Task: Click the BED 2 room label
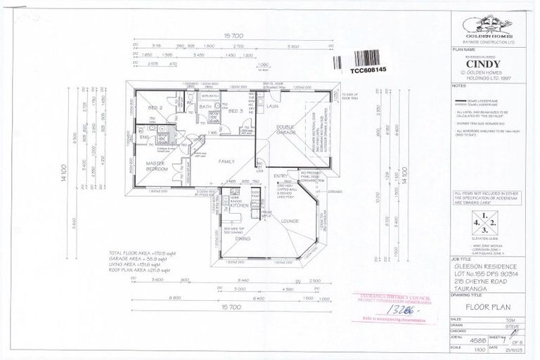point(156,108)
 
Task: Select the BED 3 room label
point(236,110)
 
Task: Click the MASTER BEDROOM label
point(156,166)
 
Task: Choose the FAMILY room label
point(226,162)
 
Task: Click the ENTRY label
point(280,176)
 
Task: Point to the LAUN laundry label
point(272,106)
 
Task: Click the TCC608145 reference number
point(368,70)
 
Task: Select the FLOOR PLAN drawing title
point(485,307)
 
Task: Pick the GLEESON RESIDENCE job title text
point(485,266)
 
